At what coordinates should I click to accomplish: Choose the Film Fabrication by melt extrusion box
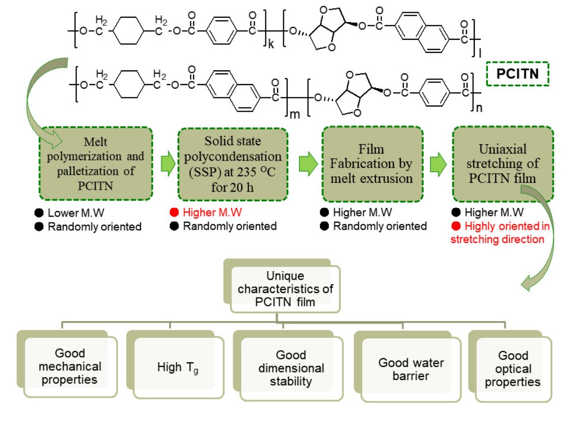372,164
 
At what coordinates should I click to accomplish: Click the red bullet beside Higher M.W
174,212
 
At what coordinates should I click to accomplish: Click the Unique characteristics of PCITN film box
285,289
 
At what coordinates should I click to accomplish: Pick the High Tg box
178,367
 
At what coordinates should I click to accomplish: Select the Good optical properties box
512,368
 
